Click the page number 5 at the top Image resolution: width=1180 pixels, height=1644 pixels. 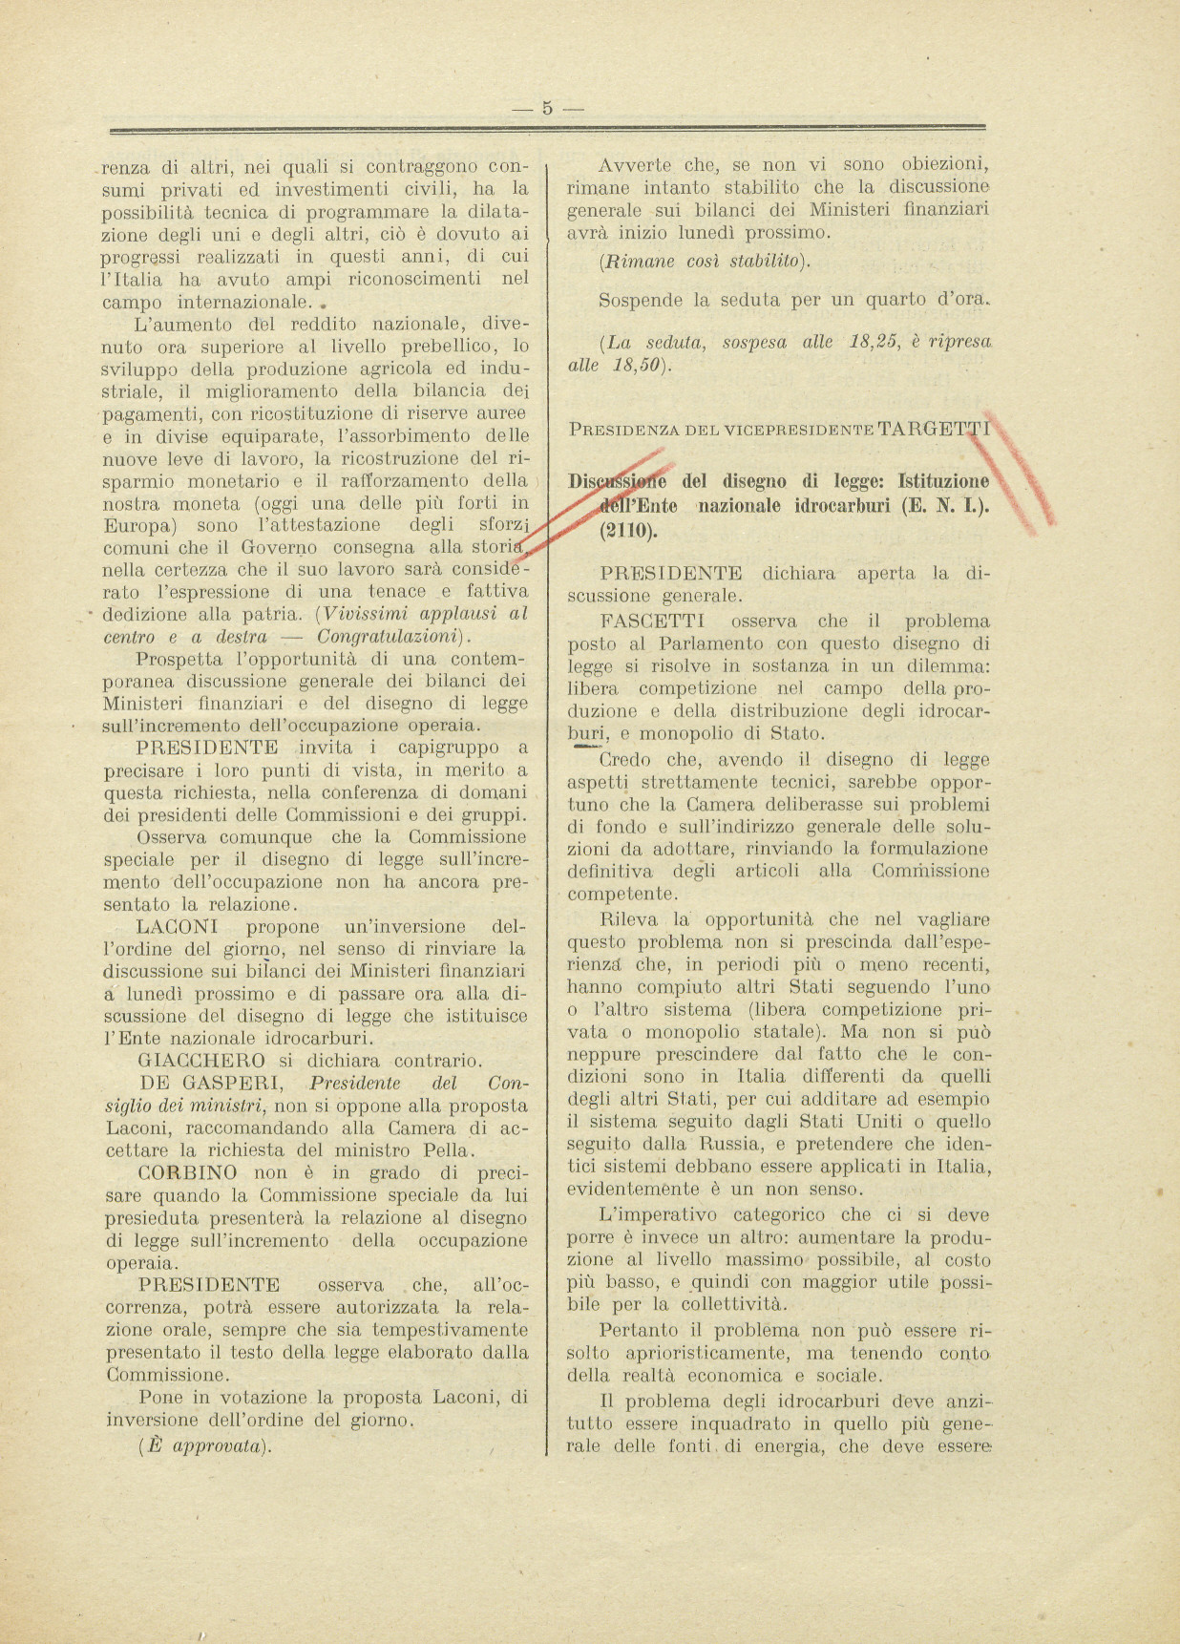coord(547,108)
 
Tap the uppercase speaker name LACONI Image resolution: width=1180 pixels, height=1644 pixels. coord(178,926)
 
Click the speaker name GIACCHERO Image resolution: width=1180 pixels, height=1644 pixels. coord(201,1060)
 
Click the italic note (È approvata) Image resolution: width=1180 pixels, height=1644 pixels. coord(205,1445)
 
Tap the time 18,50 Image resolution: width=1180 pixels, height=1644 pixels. coord(640,366)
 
